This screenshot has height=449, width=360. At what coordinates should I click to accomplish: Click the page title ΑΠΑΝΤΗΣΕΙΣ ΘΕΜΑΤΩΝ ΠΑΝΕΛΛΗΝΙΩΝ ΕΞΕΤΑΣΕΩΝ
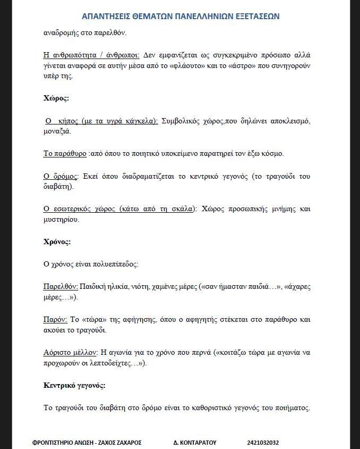click(x=181, y=16)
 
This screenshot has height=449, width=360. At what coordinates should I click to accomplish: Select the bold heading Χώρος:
click(x=56, y=98)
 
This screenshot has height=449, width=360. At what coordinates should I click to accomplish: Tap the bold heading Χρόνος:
click(x=57, y=242)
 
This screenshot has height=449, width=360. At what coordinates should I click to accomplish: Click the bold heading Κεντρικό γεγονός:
click(x=74, y=385)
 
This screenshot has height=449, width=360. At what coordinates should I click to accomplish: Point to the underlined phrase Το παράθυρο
click(x=64, y=154)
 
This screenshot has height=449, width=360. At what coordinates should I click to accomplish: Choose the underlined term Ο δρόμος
click(x=61, y=176)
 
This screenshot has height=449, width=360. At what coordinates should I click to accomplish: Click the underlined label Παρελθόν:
click(x=61, y=286)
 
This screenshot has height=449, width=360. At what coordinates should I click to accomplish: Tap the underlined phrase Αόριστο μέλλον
click(x=70, y=352)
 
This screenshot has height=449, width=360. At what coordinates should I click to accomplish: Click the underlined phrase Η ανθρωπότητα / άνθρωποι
click(x=91, y=55)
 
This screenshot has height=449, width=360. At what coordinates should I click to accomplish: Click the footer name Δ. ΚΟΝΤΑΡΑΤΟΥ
click(x=195, y=442)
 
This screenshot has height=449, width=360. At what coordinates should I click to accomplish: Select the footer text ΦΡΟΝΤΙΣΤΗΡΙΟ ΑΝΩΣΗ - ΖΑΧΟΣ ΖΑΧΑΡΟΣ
click(x=87, y=442)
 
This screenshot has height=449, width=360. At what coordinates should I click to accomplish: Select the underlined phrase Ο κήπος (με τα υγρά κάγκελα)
click(x=101, y=121)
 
